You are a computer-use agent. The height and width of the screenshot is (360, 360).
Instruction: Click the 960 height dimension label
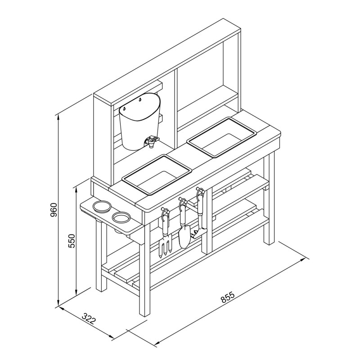[53, 210]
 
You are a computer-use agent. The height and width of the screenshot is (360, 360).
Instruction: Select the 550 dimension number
[72, 241]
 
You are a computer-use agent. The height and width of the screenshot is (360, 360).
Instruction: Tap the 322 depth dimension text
[89, 319]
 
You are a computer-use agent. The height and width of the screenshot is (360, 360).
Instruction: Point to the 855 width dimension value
[228, 297]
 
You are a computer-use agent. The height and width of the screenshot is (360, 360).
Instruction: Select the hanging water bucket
[139, 121]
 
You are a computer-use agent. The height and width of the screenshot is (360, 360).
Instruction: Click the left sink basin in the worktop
[157, 175]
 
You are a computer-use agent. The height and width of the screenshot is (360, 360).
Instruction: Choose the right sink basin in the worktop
[222, 137]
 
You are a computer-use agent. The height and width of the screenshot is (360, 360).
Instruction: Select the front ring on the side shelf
[121, 217]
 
